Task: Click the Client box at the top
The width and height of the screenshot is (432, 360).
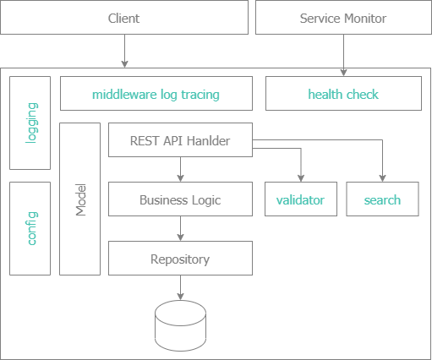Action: pyautogui.click(x=124, y=18)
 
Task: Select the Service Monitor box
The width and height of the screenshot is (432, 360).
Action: pyautogui.click(x=343, y=18)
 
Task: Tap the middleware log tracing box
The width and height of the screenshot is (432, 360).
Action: pyautogui.click(x=156, y=94)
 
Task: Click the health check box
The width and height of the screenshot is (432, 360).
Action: pyautogui.click(x=343, y=94)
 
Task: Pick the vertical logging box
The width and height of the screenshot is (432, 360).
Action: pyautogui.click(x=32, y=123)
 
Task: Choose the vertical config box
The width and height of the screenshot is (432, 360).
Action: pyautogui.click(x=32, y=228)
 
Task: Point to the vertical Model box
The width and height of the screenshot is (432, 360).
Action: pyautogui.click(x=79, y=199)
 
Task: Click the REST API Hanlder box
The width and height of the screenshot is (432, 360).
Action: pyautogui.click(x=180, y=140)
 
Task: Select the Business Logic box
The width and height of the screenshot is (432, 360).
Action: pyautogui.click(x=180, y=200)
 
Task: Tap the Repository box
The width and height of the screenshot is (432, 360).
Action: pyautogui.click(x=180, y=259)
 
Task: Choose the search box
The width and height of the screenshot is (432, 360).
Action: pyautogui.click(x=382, y=200)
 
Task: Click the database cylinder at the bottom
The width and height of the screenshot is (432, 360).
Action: pyautogui.click(x=180, y=329)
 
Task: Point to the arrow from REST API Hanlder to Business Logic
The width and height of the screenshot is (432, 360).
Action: pyautogui.click(x=180, y=170)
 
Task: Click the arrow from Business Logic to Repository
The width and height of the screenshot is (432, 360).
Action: pyautogui.click(x=180, y=229)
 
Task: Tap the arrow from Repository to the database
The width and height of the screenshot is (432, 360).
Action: pyautogui.click(x=180, y=288)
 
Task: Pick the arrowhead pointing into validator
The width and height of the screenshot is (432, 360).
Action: pyautogui.click(x=300, y=177)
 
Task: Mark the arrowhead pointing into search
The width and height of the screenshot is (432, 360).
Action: pyautogui.click(x=382, y=177)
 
